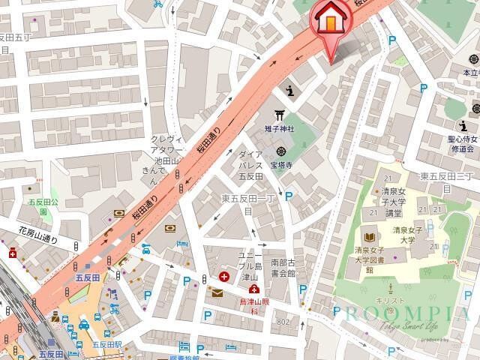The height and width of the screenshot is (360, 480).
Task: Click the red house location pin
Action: [329, 20]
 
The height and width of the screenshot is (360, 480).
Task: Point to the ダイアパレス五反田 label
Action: [250, 165]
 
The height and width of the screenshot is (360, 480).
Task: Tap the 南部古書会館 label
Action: [284, 267]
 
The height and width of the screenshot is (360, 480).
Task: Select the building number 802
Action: [282, 322]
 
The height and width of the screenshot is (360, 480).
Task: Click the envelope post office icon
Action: [217, 292]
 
